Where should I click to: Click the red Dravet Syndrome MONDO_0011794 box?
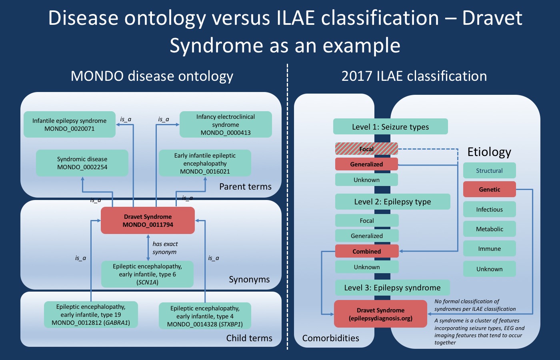(x=148, y=220)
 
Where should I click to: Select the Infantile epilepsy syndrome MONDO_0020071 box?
(x=70, y=124)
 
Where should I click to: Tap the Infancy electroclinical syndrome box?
(x=226, y=124)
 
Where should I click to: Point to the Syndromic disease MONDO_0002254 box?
(x=82, y=163)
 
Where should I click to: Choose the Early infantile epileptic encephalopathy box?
(x=205, y=163)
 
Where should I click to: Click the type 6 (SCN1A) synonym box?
(x=147, y=274)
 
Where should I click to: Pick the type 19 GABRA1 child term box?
(x=91, y=314)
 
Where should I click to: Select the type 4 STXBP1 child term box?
(x=205, y=316)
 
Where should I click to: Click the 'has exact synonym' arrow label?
(x=165, y=248)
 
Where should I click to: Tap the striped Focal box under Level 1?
(x=366, y=149)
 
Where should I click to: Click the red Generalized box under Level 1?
(x=366, y=164)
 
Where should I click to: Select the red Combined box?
(x=367, y=251)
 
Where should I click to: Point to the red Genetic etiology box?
(x=489, y=190)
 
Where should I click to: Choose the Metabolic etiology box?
(x=489, y=229)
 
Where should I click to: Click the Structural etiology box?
(x=489, y=170)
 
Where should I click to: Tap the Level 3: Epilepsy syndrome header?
(x=392, y=288)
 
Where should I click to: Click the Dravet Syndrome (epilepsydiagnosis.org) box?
(x=380, y=314)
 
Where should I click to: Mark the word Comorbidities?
(x=330, y=338)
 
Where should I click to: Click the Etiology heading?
(x=489, y=152)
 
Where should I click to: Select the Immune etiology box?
(x=489, y=248)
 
